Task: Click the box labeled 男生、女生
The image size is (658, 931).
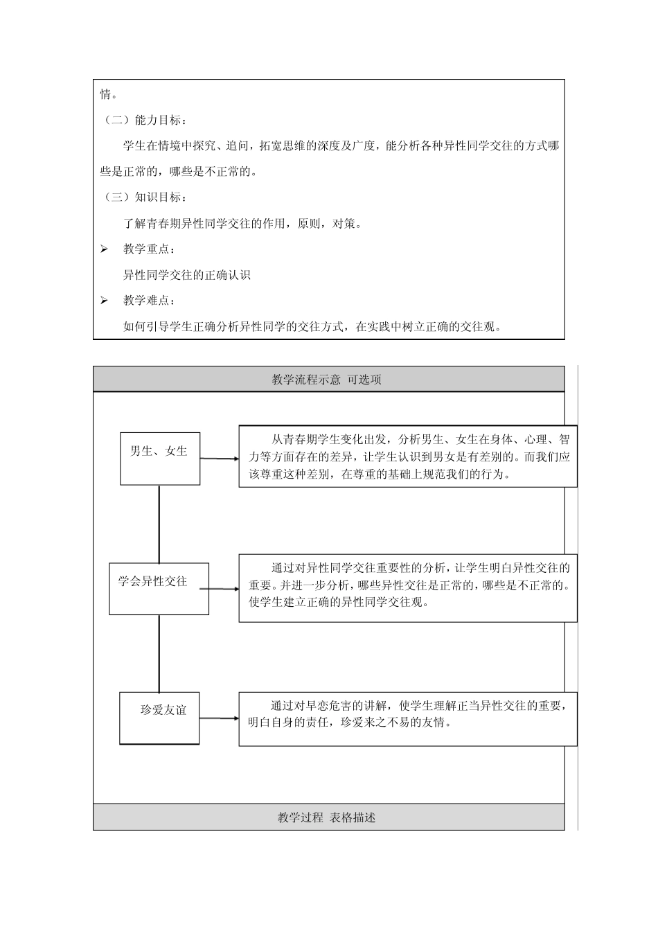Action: [x=160, y=458]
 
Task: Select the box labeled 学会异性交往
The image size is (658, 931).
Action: [x=159, y=588]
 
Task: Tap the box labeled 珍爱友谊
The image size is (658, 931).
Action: [x=159, y=718]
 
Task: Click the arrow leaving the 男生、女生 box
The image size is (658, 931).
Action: [x=220, y=459]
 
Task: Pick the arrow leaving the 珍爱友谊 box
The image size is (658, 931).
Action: [x=220, y=718]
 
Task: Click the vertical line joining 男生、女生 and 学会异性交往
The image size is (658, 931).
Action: [x=159, y=524]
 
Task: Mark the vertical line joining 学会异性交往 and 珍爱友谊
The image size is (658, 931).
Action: [x=159, y=653]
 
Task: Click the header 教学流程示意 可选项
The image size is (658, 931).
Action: [x=328, y=380]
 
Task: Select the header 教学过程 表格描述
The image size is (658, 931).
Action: [x=328, y=817]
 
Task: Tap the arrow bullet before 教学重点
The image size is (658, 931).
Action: [x=104, y=249]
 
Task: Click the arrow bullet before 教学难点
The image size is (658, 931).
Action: [x=104, y=301]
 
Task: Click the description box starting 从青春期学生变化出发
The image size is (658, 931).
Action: [x=408, y=456]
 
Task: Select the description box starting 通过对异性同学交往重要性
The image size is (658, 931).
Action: [x=408, y=587]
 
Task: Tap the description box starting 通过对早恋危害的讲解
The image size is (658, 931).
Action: [x=408, y=718]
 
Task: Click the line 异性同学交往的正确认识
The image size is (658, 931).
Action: [x=187, y=275]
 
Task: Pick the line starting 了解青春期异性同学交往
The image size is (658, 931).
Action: [x=242, y=223]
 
